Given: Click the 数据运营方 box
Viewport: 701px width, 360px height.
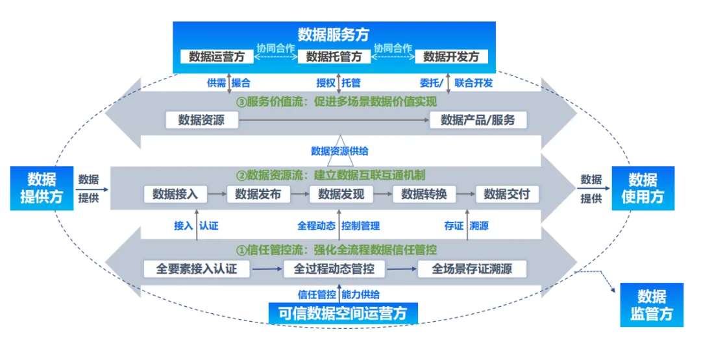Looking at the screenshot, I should [217, 56].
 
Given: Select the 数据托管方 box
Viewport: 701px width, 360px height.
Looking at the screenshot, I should [334, 56].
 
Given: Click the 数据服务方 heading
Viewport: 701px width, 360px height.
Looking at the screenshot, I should [334, 34].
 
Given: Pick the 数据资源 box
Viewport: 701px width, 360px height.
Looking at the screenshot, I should [201, 120].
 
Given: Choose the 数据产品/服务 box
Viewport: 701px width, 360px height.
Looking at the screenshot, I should [478, 120].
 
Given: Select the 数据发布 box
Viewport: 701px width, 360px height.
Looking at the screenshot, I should [258, 194].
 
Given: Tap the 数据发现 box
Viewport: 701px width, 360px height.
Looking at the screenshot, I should [341, 194].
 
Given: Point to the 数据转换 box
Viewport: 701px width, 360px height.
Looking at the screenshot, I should [424, 194].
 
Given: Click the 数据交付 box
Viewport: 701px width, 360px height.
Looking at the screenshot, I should [507, 194].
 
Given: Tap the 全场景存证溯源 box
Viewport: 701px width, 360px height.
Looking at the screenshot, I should [472, 269].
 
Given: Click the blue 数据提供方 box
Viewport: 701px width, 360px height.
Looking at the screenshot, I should [41, 188].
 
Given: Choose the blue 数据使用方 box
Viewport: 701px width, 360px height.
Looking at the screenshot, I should [642, 188].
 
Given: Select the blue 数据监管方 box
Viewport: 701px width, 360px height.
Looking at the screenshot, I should [651, 305].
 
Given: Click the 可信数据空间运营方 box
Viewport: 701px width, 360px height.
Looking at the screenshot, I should [343, 313].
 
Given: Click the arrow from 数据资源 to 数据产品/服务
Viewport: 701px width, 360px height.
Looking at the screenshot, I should [334, 120].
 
